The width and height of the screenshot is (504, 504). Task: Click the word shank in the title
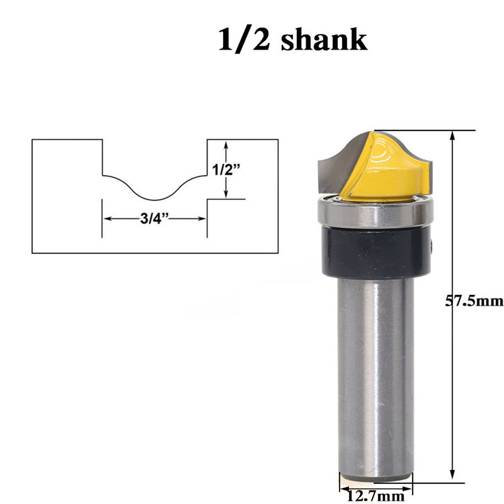point(324,40)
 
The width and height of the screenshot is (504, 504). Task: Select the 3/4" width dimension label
point(155,219)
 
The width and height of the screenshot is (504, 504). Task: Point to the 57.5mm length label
point(474,301)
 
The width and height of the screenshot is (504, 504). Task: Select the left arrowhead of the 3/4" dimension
point(107,219)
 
